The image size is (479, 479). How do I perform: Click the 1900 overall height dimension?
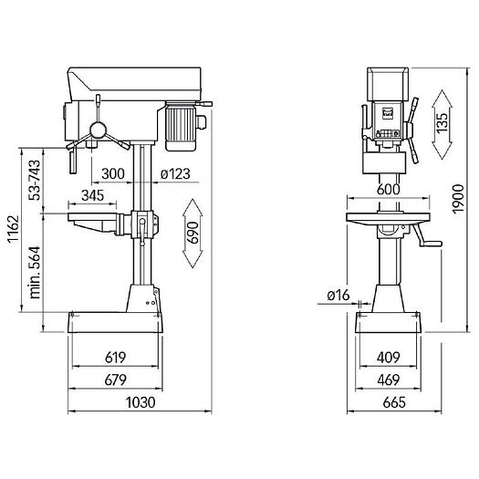pyautogui.click(x=458, y=199)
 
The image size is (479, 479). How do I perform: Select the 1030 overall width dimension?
pyautogui.click(x=141, y=402)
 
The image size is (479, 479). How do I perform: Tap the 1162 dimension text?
pyautogui.click(x=13, y=229)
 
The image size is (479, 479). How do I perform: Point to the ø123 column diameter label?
pyautogui.click(x=175, y=173)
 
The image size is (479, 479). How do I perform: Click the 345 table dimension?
pyautogui.click(x=93, y=195)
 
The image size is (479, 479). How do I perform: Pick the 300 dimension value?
pyautogui.click(x=113, y=173)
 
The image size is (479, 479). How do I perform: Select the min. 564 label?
pyautogui.click(x=35, y=273)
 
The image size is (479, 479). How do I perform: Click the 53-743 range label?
pyautogui.click(x=35, y=181)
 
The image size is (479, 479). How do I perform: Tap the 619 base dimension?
pyautogui.click(x=115, y=358)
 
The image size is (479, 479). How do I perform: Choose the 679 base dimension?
pyautogui.click(x=115, y=380)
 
